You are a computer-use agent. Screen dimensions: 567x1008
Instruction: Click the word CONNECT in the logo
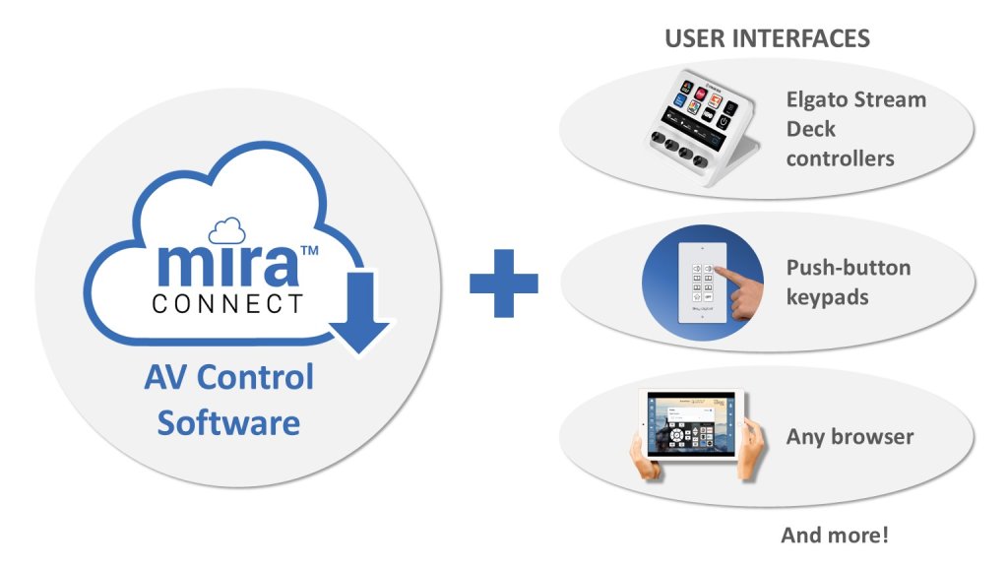tap(227, 303)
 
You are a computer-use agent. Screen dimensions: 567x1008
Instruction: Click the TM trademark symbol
tap(307, 252)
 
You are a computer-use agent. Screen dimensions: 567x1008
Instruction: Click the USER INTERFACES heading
tap(767, 38)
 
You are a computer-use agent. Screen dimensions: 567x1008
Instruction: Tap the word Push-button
tap(848, 268)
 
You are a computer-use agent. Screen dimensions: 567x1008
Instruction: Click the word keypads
tap(827, 296)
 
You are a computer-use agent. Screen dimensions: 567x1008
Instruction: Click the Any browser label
tap(849, 436)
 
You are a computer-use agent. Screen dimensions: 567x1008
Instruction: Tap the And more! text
tap(835, 536)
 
